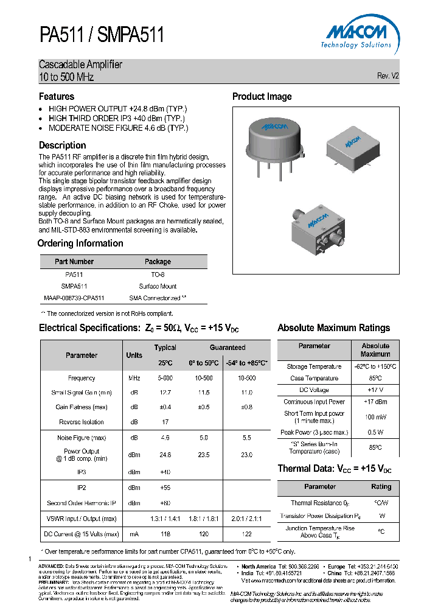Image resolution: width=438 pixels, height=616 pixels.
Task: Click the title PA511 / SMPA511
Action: pos(102,35)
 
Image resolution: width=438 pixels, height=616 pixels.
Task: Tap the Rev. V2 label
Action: pos(388,76)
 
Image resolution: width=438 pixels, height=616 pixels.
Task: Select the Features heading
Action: pos(57,97)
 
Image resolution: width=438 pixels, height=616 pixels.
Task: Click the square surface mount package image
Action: pos(350,146)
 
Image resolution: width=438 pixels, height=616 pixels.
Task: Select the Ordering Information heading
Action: pos(80,243)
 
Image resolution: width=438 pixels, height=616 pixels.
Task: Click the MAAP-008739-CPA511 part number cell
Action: pos(74,298)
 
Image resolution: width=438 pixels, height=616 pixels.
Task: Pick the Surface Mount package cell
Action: pos(158,286)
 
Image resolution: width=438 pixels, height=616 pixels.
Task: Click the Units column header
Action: pos(134,355)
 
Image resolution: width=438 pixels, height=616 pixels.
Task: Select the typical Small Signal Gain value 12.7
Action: pos(165,393)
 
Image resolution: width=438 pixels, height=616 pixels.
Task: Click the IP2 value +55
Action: pos(165,488)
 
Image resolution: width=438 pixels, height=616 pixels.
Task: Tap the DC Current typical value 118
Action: pos(165,534)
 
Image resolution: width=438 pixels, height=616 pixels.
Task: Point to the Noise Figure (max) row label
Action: pos(82,438)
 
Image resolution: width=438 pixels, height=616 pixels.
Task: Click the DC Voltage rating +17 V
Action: pos(375,390)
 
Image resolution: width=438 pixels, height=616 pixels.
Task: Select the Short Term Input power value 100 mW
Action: pos(375,417)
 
